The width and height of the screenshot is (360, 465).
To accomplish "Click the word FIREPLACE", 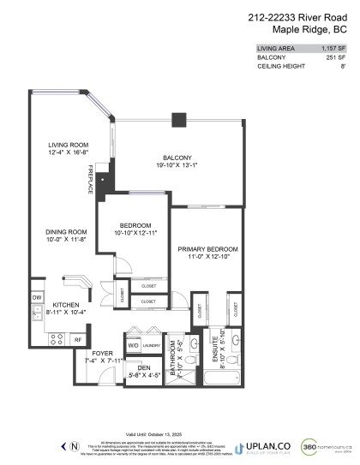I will tap(90, 181).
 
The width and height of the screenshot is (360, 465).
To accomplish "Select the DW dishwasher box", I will tap(37, 297).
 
